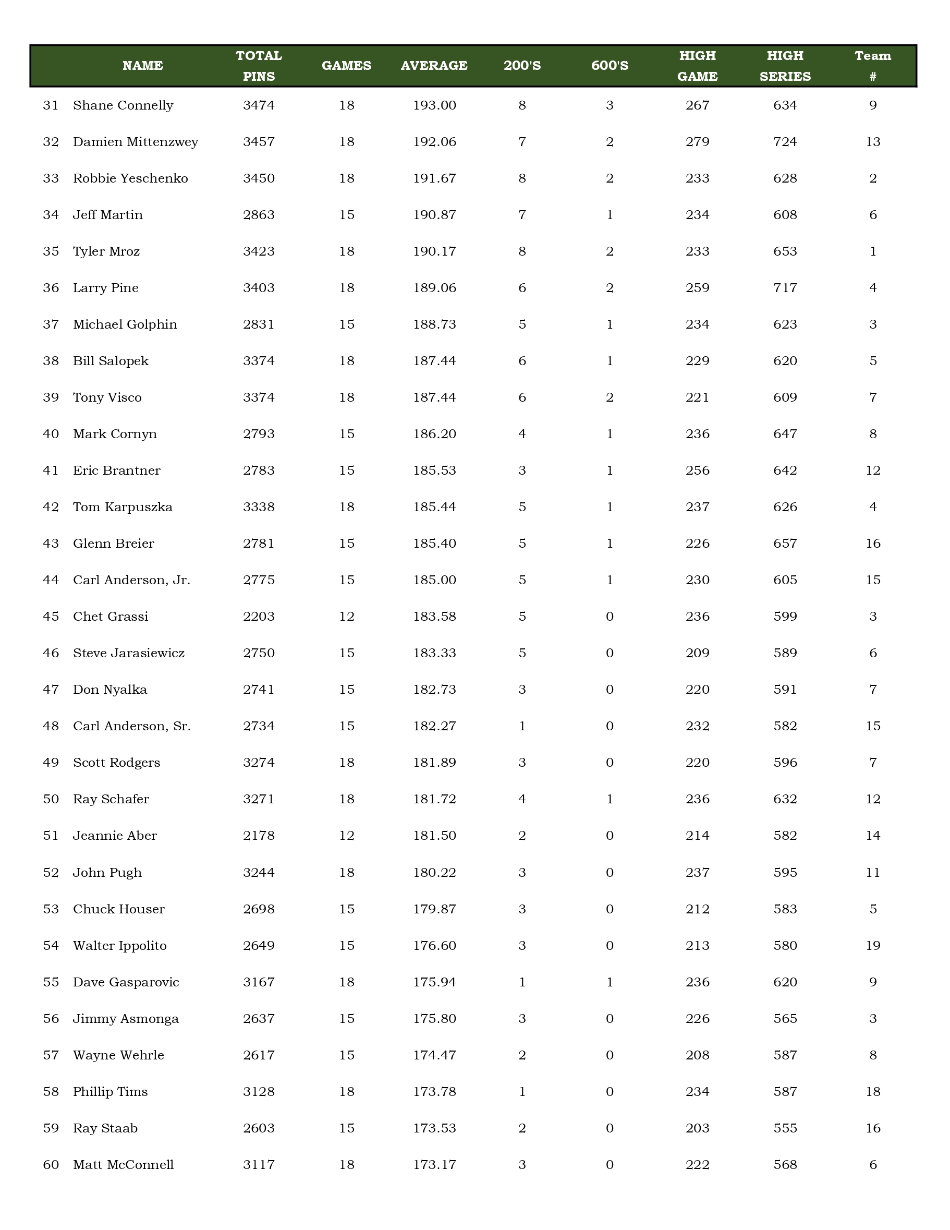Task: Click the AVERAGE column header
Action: click(x=434, y=66)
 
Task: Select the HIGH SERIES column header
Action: click(x=785, y=66)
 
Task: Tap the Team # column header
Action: click(x=872, y=66)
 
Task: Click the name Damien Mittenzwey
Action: click(x=136, y=142)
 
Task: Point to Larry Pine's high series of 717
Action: click(x=785, y=288)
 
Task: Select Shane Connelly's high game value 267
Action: click(x=697, y=105)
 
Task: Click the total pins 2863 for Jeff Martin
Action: click(x=259, y=215)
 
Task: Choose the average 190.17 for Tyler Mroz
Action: click(x=434, y=252)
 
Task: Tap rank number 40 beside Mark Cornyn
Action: click(x=51, y=434)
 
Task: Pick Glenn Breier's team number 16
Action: click(x=872, y=544)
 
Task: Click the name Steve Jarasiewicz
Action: click(x=129, y=653)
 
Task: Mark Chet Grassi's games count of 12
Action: click(x=347, y=617)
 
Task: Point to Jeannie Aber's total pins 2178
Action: click(x=259, y=836)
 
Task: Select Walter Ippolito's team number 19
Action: click(x=872, y=946)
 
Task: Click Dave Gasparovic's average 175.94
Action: click(x=434, y=982)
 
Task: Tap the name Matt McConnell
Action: click(x=123, y=1165)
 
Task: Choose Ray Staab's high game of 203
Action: click(x=697, y=1128)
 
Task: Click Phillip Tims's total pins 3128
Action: click(x=259, y=1091)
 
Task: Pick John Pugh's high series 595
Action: click(x=785, y=873)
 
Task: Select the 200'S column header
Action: click(x=522, y=66)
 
